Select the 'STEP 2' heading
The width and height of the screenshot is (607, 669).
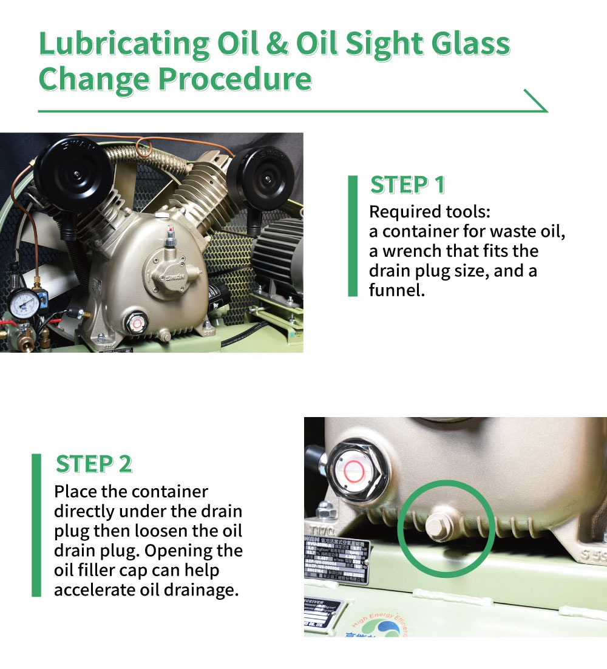[93, 464]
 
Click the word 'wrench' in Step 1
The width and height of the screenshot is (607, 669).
[418, 251]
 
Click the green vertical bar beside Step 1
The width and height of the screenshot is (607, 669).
[353, 236]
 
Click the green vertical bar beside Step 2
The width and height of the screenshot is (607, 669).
[36, 525]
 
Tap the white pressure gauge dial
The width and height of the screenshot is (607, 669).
[25, 304]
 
